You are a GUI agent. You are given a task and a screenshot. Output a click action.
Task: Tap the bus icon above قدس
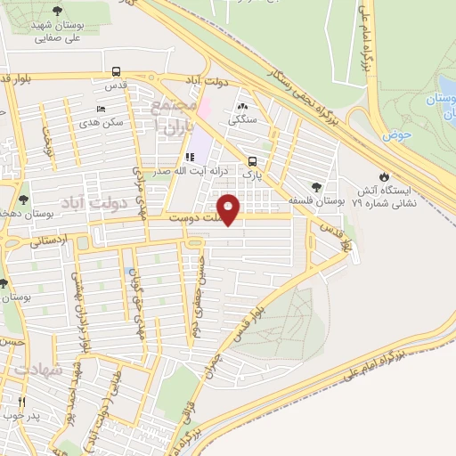click(117, 72)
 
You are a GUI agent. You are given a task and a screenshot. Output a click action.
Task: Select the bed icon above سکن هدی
click(100, 109)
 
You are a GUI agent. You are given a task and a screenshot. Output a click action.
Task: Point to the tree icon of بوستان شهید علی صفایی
click(58, 11)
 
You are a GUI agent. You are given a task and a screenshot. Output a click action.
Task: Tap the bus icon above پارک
click(254, 162)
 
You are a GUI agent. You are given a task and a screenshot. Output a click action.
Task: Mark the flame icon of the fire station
click(385, 177)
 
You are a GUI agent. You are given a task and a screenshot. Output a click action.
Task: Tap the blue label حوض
click(392, 135)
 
